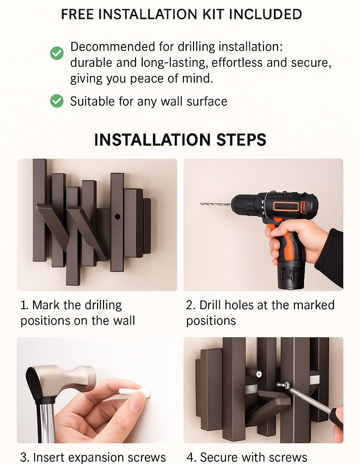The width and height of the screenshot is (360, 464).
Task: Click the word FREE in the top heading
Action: coord(77,14)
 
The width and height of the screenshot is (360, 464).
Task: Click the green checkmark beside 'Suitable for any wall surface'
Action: coord(57,101)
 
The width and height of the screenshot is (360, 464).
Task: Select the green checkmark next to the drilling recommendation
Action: coord(57,53)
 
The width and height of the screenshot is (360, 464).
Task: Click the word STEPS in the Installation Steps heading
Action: coord(242,140)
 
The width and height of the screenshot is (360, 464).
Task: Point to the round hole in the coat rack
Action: coord(117,217)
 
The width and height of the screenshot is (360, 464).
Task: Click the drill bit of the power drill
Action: coord(215,204)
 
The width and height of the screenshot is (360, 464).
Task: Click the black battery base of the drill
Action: coord(291,277)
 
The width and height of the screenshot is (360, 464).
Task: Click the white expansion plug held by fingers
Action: coord(134,392)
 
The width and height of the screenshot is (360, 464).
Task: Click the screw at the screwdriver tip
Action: coord(282,384)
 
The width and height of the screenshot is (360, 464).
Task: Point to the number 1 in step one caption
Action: coord(24,305)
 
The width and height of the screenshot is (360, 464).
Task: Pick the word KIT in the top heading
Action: coord(213,14)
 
